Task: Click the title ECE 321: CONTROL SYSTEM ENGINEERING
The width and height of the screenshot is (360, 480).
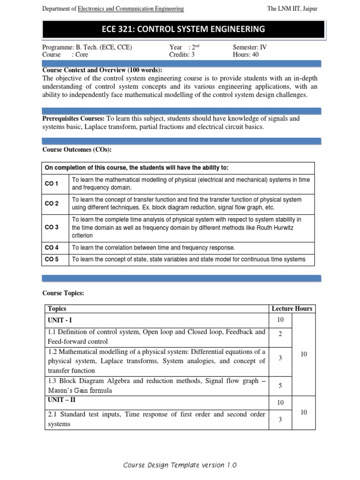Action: [183, 30]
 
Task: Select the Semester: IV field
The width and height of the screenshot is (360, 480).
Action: [250, 47]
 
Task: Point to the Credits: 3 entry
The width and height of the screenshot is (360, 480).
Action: [182, 54]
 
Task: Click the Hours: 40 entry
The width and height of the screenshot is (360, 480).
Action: [246, 54]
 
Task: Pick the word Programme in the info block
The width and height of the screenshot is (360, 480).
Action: [58, 47]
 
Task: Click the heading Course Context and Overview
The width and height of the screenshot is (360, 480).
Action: [102, 70]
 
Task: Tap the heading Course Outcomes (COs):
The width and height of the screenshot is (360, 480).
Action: [77, 150]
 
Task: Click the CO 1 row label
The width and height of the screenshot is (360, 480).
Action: [52, 184]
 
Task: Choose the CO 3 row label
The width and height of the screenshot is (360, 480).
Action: [52, 227]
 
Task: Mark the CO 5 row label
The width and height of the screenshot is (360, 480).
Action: [52, 259]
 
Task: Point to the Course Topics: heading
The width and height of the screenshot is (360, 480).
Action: [63, 293]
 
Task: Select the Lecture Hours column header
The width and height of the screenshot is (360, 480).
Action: [292, 308]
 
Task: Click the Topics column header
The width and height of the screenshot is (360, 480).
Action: [57, 308]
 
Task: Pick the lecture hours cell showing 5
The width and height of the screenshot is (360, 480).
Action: [280, 385]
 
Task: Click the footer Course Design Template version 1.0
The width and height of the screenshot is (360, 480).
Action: [180, 465]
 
